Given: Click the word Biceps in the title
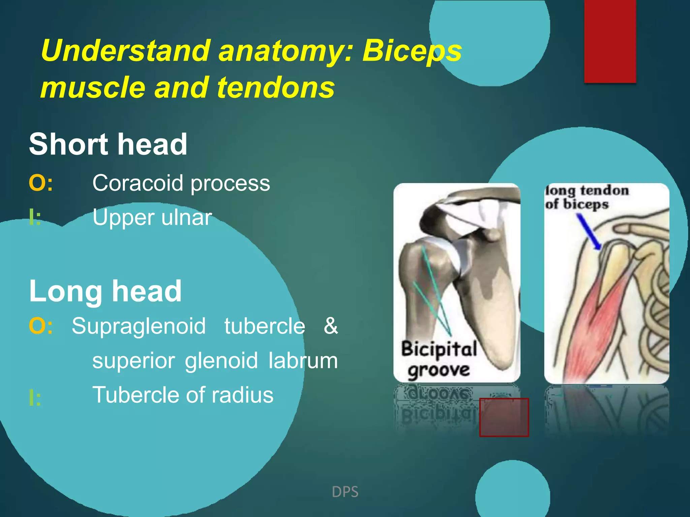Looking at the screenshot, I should point(412,51).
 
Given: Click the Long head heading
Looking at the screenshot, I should point(105,291).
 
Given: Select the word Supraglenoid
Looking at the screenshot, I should point(138,326).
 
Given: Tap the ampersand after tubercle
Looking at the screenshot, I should point(331,326).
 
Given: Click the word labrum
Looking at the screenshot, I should point(303,360).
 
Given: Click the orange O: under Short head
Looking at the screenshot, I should point(40,183).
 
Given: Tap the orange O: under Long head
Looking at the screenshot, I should point(40,326).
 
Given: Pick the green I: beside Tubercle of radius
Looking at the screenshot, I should point(35,398).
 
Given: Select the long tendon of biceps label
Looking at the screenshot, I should point(586,197).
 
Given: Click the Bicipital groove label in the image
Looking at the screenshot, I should point(439,359).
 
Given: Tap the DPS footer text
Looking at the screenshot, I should point(345,492).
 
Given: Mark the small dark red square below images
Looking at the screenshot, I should point(504,417).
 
